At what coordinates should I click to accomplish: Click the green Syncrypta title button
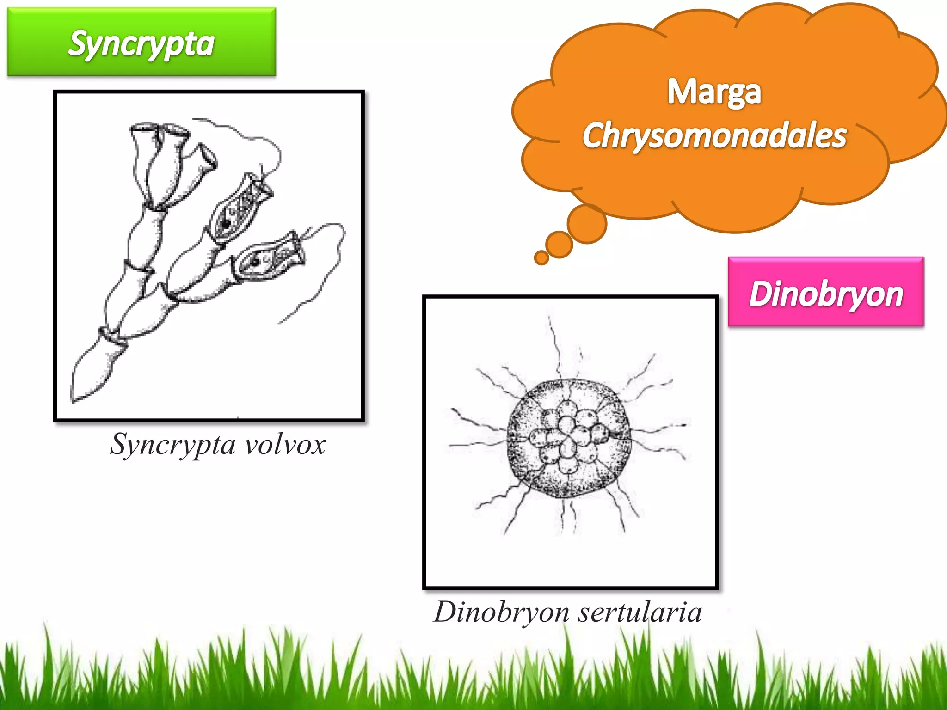141,42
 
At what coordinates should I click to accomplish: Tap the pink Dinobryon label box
826,292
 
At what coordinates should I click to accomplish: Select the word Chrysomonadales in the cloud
714,135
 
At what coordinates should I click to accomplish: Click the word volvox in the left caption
285,445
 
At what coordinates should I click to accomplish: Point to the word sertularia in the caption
640,612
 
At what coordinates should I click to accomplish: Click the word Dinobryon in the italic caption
501,612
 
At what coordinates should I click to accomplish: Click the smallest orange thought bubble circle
541,257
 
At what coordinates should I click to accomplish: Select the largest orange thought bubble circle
587,224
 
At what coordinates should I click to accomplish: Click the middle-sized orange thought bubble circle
559,245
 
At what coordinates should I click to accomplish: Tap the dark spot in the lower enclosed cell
255,263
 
